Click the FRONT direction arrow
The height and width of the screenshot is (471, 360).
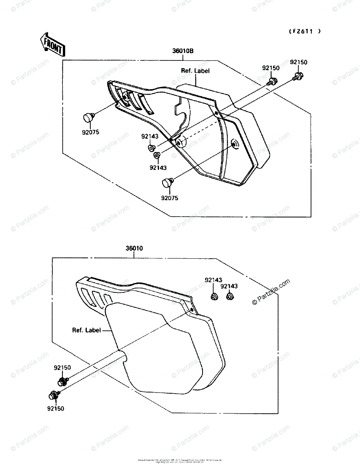tap(52, 44)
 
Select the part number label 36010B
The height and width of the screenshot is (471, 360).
tap(183, 51)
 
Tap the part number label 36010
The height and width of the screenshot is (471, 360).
tap(134, 248)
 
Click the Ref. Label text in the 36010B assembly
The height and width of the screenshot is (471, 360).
tap(195, 71)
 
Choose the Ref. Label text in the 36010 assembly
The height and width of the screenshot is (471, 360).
tap(86, 330)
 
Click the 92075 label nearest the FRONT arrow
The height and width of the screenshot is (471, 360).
tap(90, 132)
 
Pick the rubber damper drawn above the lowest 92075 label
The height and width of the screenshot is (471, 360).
tap(168, 183)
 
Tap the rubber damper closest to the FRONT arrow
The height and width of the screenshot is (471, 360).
tap(89, 117)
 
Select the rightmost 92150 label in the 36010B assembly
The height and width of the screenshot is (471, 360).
tap(299, 62)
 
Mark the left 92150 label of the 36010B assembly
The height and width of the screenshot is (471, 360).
tap(271, 68)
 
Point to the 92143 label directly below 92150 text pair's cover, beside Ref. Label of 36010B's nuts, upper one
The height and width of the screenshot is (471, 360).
tap(150, 136)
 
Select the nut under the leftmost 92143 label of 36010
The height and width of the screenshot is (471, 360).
tap(214, 298)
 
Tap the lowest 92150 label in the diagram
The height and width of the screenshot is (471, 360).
tap(55, 409)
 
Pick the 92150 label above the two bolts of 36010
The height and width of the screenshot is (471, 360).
tap(62, 368)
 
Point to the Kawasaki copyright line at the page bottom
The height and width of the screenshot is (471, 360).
tap(180, 460)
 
